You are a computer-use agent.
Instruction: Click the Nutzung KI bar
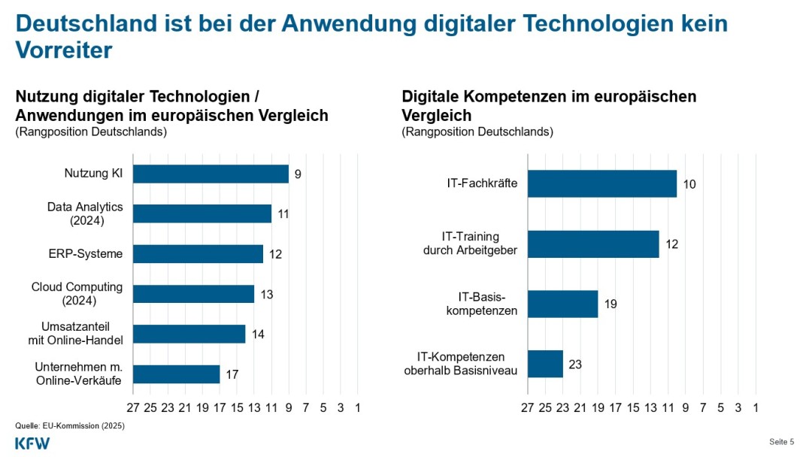pos(211,174)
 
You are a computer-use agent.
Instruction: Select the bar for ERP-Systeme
pos(198,254)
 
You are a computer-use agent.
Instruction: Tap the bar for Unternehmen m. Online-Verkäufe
pos(177,374)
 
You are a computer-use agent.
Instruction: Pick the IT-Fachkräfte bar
pos(602,183)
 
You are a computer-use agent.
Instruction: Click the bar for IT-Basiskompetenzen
pos(563,304)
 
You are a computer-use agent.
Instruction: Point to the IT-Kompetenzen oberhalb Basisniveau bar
pos(546,364)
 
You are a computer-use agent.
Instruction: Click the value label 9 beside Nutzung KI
pos(298,174)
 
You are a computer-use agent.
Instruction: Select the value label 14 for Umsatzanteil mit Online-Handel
pos(259,334)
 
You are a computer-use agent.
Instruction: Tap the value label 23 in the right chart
pos(575,365)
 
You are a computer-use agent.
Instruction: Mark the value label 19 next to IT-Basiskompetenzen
pos(611,304)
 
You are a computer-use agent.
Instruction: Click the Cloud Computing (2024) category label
pos(77,293)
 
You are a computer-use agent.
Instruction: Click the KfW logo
pos(32,443)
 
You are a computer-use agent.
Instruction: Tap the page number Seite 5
pos(782,442)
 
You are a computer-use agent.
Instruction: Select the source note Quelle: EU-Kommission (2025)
pos(70,425)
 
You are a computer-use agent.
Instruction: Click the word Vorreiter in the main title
pos(64,50)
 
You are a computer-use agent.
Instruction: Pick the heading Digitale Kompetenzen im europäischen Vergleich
pos(549,106)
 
